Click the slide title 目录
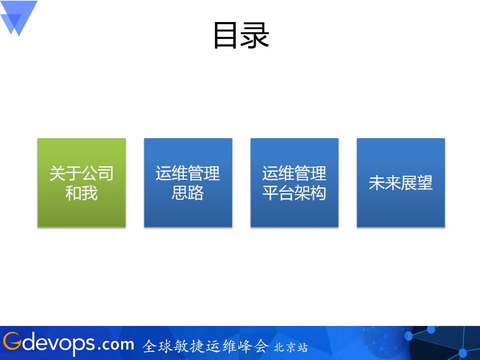(241, 36)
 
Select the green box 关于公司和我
(82, 183)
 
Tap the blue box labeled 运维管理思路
(188, 183)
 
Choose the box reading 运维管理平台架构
(294, 183)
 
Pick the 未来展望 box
(400, 183)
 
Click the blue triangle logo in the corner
(18, 16)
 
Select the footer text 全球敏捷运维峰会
(205, 346)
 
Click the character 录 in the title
(257, 36)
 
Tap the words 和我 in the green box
(82, 193)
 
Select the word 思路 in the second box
(188, 193)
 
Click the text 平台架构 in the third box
(294, 193)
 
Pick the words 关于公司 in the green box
(82, 173)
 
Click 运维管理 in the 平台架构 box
(294, 173)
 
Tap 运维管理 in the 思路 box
(188, 173)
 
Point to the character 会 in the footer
(260, 346)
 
